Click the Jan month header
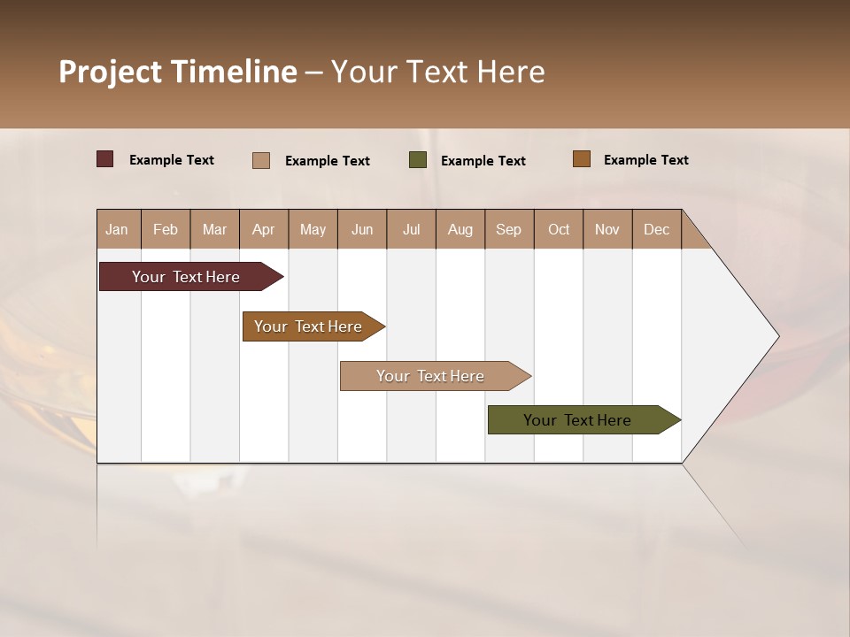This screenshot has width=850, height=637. pyautogui.click(x=117, y=229)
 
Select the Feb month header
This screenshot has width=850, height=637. pyautogui.click(x=166, y=229)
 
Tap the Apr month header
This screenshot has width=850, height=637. pyautogui.click(x=263, y=229)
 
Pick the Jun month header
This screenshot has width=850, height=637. pyautogui.click(x=362, y=229)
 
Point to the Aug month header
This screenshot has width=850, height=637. pyautogui.click(x=460, y=229)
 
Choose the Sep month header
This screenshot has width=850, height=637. pyautogui.click(x=508, y=229)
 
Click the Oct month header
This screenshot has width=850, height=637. pyautogui.click(x=559, y=229)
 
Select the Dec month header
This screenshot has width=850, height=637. pyautogui.click(x=656, y=229)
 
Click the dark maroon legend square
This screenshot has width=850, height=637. pyautogui.click(x=104, y=159)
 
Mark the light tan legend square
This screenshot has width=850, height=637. pyautogui.click(x=261, y=160)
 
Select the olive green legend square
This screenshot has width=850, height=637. pyautogui.click(x=418, y=160)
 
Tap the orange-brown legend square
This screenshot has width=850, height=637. pyautogui.click(x=582, y=159)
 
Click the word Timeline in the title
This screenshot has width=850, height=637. pyautogui.click(x=234, y=72)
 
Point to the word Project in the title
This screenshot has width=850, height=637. pyautogui.click(x=111, y=72)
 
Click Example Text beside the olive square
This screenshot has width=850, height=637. pyautogui.click(x=483, y=161)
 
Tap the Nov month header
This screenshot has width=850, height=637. pyautogui.click(x=607, y=229)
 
